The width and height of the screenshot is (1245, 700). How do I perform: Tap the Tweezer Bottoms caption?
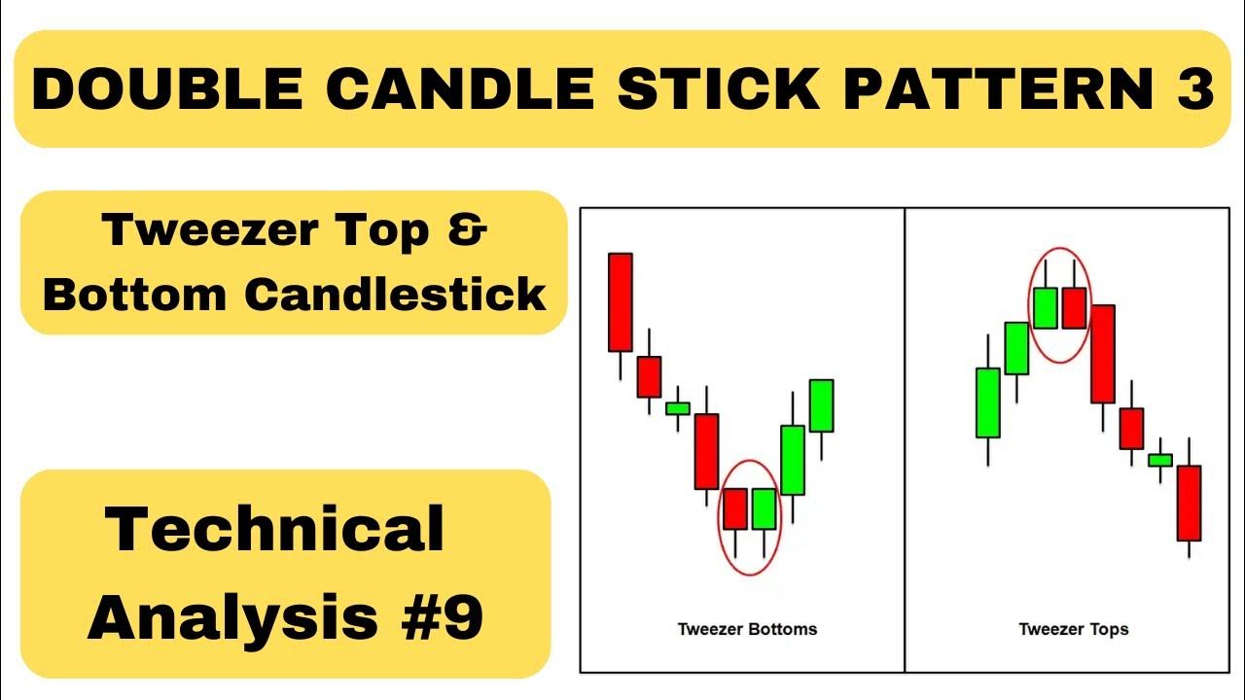(747, 629)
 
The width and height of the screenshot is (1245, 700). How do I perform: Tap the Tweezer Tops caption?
(1073, 629)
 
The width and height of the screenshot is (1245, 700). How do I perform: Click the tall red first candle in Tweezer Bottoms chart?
(621, 301)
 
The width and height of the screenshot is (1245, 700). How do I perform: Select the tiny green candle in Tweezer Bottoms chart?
(678, 408)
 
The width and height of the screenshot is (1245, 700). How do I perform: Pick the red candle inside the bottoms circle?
(734, 508)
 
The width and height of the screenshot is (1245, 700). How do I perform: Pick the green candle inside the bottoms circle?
(764, 508)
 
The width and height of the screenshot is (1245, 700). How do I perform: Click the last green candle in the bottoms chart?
(822, 405)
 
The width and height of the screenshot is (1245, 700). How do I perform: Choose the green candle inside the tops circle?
(1045, 308)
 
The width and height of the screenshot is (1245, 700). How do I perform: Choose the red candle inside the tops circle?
(1074, 308)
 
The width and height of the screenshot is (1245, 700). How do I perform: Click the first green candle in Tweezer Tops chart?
(987, 402)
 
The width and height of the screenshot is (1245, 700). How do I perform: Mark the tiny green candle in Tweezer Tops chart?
(1159, 460)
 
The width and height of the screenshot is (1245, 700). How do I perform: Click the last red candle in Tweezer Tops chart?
(1189, 503)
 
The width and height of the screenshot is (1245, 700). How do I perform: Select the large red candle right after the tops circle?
(1102, 353)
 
